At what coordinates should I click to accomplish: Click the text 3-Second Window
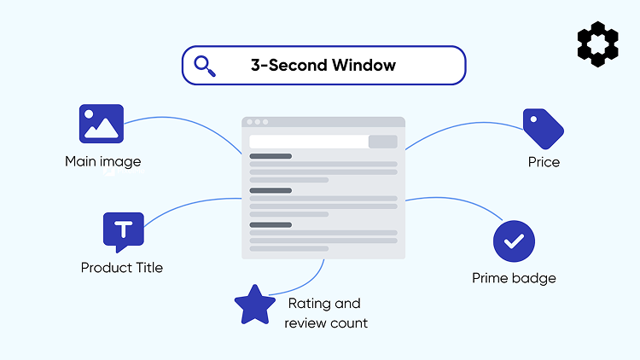click(323, 65)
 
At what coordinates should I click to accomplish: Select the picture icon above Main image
click(102, 124)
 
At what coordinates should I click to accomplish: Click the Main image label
click(102, 161)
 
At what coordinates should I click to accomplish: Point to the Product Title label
click(122, 268)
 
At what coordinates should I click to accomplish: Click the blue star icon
click(254, 305)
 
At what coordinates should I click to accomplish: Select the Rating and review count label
click(326, 313)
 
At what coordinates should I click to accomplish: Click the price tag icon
click(543, 129)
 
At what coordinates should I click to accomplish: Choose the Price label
click(544, 161)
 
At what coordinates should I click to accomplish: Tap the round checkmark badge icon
click(514, 241)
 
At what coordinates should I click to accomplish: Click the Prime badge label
click(514, 278)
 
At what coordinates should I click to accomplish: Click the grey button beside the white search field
click(382, 142)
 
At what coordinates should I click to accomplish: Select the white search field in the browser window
click(307, 142)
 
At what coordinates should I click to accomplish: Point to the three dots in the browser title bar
click(256, 122)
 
